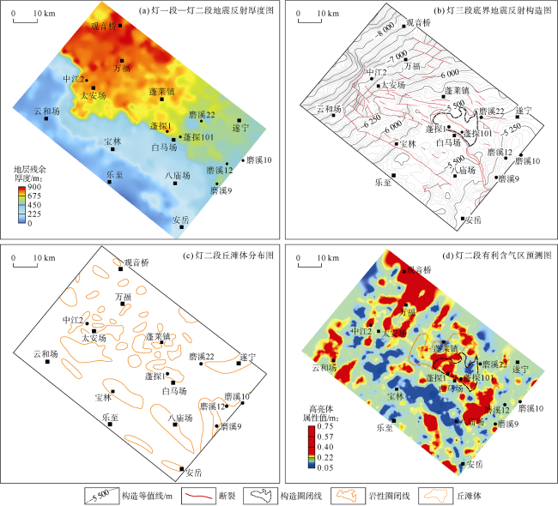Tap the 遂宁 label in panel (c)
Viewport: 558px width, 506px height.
click(x=249, y=355)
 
